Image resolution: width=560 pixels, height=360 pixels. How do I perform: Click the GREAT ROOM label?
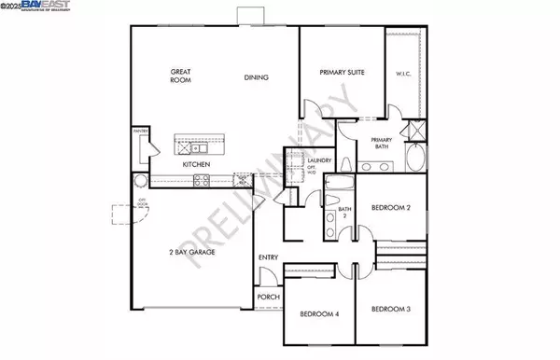[180, 76]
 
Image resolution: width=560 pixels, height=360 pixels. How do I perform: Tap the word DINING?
[257, 77]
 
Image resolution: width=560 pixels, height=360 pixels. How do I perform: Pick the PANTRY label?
[141, 132]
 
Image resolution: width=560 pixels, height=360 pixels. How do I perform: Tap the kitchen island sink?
[198, 147]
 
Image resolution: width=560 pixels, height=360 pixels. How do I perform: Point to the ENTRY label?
[269, 258]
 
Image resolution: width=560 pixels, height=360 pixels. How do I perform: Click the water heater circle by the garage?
[141, 181]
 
